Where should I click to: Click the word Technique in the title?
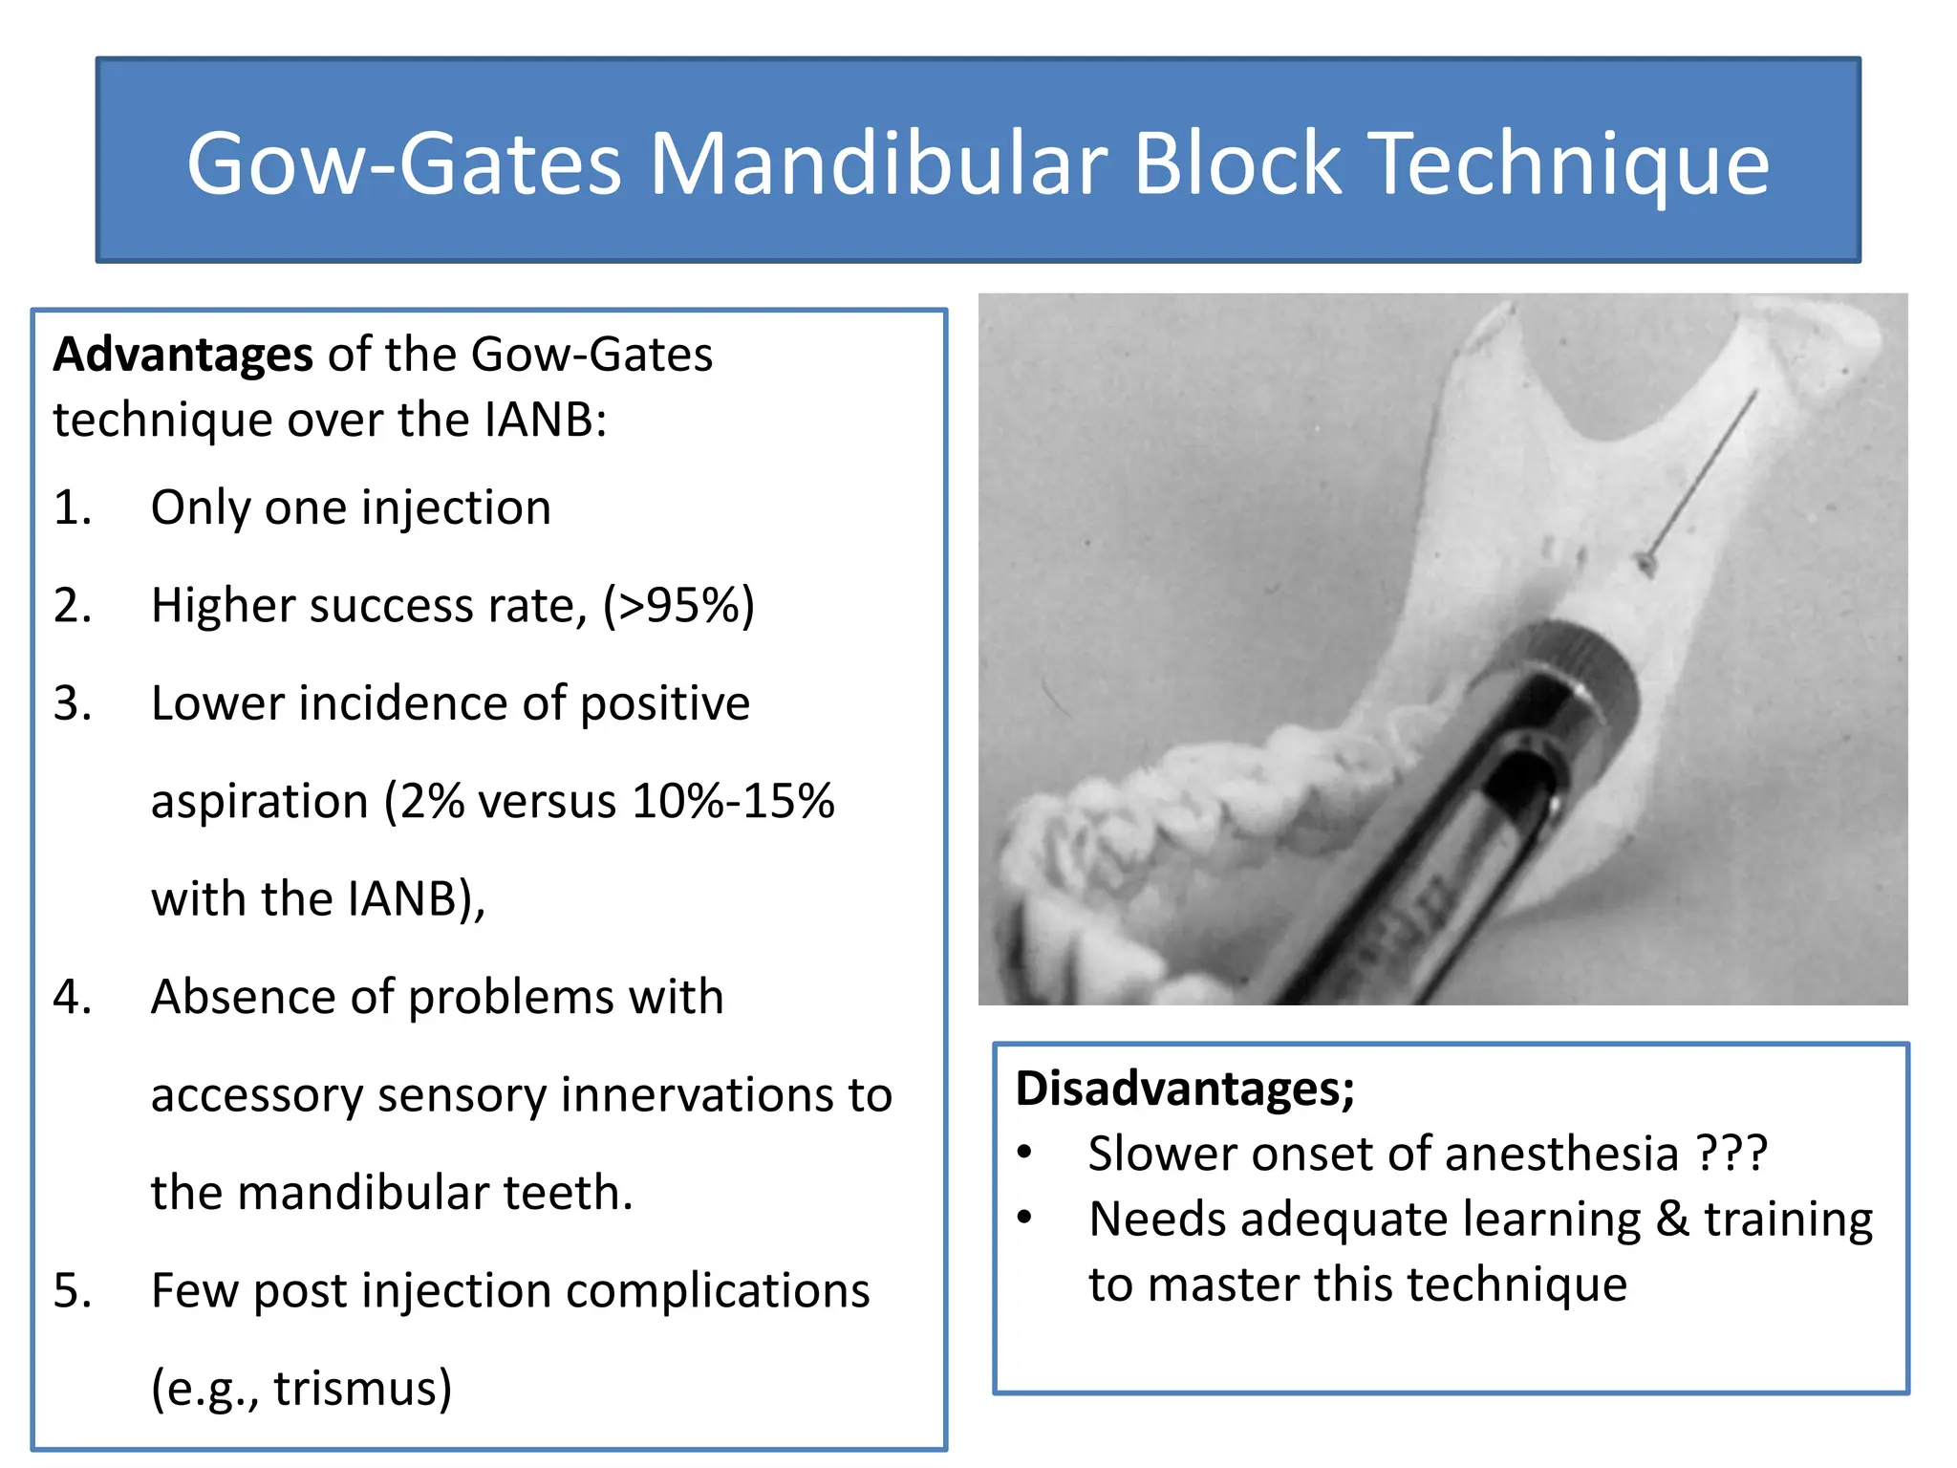pos(1569,164)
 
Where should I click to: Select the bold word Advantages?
pos(183,355)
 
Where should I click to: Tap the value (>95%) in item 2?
pos(678,606)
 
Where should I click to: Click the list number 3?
pos(72,703)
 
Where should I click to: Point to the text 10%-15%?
pos(733,801)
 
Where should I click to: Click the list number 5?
pos(72,1290)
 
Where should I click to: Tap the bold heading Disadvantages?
pos(1185,1089)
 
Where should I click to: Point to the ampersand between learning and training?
pos(1672,1220)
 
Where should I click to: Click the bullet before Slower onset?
pos(1025,1153)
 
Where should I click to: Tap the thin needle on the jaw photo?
pos(1706,473)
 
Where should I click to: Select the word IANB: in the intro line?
pos(545,421)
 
